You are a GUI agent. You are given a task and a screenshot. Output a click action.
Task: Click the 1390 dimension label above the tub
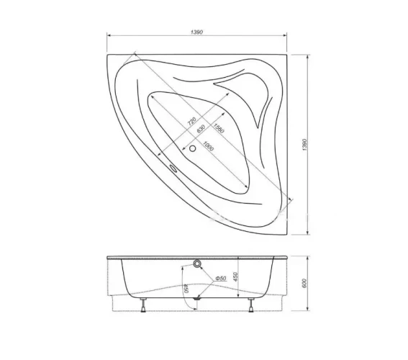[x=196, y=32]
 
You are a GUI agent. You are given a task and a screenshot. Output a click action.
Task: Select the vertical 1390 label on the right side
[x=305, y=145]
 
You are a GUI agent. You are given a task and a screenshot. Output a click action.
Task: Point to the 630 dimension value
[x=201, y=129]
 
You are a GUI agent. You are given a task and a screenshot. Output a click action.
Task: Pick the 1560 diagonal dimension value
[x=218, y=128]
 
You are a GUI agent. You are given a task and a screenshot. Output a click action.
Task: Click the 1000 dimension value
[x=208, y=146]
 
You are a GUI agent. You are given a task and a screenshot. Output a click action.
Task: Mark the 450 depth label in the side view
[x=235, y=276]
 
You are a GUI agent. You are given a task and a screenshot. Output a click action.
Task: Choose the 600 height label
[x=304, y=283]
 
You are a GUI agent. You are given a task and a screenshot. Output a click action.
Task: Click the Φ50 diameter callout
[x=221, y=278]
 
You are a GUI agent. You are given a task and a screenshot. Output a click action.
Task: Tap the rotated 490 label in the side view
[x=186, y=289]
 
